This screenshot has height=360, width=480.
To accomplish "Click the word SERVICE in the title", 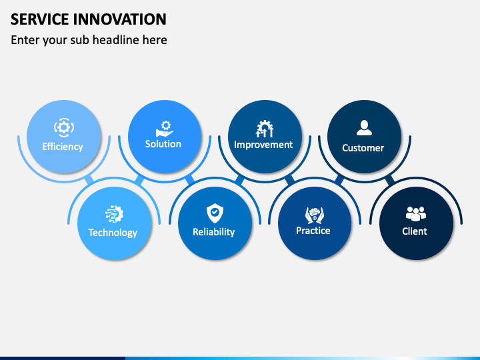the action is pyautogui.click(x=40, y=19).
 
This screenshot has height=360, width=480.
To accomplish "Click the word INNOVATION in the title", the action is pyautogui.click(x=120, y=19).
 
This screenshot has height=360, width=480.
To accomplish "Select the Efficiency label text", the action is pyautogui.click(x=63, y=147).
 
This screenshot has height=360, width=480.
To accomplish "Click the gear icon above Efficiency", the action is pyautogui.click(x=64, y=127).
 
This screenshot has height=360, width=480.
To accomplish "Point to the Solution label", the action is pyautogui.click(x=163, y=144).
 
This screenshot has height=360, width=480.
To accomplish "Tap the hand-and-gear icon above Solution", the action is pyautogui.click(x=165, y=129).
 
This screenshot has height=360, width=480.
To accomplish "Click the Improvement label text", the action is pyautogui.click(x=263, y=145).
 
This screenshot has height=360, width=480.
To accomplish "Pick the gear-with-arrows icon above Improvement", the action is pyautogui.click(x=265, y=129).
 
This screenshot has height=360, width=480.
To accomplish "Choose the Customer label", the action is pyautogui.click(x=363, y=148).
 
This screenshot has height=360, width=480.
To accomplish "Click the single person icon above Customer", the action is pyautogui.click(x=364, y=127).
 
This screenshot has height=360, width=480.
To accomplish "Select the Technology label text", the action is pyautogui.click(x=113, y=233).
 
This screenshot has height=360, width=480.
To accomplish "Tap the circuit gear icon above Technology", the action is pyautogui.click(x=114, y=214).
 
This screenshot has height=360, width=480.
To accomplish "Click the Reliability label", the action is pyautogui.click(x=214, y=232).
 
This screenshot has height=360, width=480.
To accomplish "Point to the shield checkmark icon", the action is pyautogui.click(x=215, y=213).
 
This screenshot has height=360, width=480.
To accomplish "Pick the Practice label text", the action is pyautogui.click(x=313, y=231).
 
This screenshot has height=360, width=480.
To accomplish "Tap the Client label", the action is pyautogui.click(x=415, y=231).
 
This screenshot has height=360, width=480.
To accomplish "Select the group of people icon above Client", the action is pyautogui.click(x=416, y=214).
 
